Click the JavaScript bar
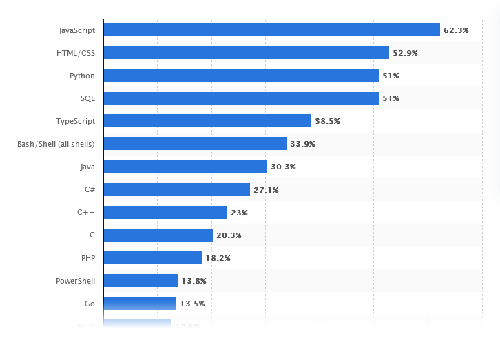[x=271, y=30]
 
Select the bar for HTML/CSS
[x=246, y=53]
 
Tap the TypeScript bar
[x=207, y=121]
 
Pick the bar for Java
[x=185, y=167]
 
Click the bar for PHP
[x=152, y=258]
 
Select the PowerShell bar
[x=140, y=281]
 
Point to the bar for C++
[x=165, y=213]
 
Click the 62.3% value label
[x=456, y=30]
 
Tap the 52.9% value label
[x=405, y=53]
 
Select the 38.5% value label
[x=327, y=121]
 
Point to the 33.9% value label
[x=302, y=144]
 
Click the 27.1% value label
[x=266, y=190]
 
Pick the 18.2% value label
[x=218, y=258]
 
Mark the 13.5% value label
[x=192, y=304]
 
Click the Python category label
[x=82, y=76]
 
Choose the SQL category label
[x=87, y=98]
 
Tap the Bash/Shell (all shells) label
[x=56, y=144]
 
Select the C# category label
[x=89, y=189]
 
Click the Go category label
[x=90, y=304]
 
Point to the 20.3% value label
[x=229, y=235]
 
